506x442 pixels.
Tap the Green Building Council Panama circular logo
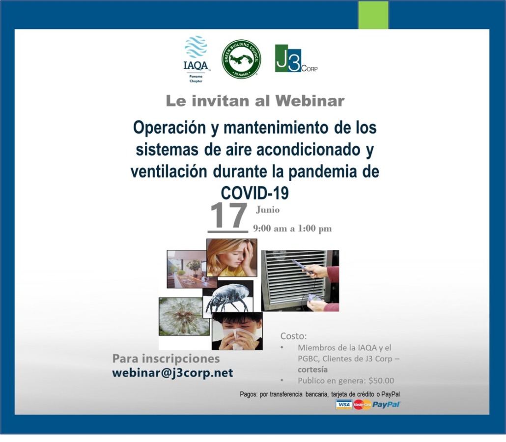coord(241,59)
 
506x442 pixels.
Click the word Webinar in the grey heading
coord(310,101)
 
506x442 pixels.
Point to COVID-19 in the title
coord(254,193)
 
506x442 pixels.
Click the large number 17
coord(228,216)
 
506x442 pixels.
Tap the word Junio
coord(268,210)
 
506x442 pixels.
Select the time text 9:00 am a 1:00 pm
coord(292,228)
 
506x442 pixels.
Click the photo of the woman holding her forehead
coord(232,257)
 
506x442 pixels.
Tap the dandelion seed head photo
coord(184,316)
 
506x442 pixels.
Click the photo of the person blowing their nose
coord(237,331)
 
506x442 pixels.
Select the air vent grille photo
coord(300,281)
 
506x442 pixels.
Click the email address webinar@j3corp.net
coord(172,373)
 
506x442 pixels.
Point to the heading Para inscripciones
coord(166,359)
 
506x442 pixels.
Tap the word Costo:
coord(293,336)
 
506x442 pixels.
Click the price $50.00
coord(381,381)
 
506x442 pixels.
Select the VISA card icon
coord(344,405)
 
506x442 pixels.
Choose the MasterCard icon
coord(362,405)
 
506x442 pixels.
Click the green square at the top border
coord(373,15)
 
